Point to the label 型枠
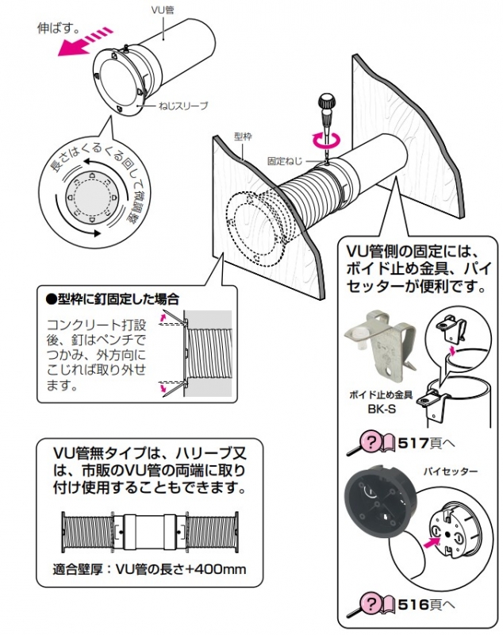243,136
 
